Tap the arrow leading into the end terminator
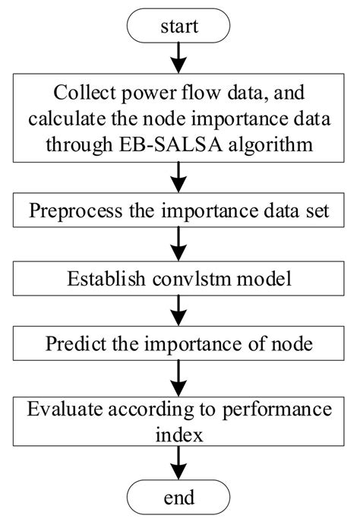coord(179,463)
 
